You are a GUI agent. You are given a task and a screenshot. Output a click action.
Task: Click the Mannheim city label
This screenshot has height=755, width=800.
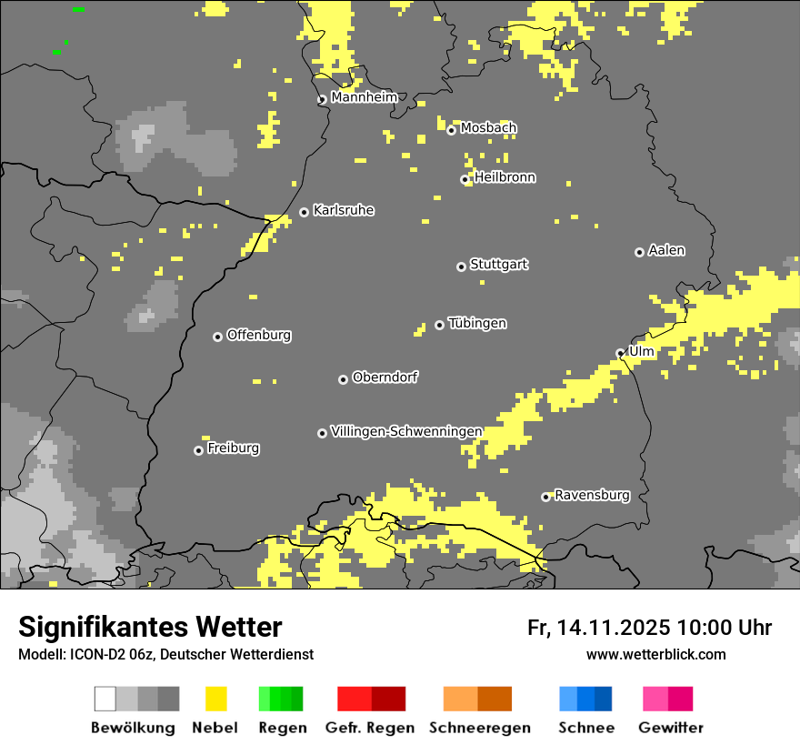pyautogui.click(x=364, y=97)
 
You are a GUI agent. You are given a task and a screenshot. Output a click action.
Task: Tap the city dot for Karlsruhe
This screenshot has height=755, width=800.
pyautogui.click(x=305, y=213)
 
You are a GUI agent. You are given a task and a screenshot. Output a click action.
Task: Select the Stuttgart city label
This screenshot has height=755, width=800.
pyautogui.click(x=498, y=265)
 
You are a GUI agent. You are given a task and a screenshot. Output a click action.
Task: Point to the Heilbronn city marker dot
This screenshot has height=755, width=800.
pyautogui.click(x=465, y=180)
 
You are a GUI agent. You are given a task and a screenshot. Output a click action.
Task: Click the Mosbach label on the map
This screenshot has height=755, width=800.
pyautogui.click(x=488, y=128)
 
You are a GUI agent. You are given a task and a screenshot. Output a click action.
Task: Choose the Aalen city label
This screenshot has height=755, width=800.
pyautogui.click(x=666, y=250)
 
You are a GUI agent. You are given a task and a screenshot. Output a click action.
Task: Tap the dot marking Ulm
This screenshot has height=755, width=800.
pyautogui.click(x=621, y=354)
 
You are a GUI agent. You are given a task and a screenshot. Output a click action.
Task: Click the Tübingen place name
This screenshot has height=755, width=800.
pyautogui.click(x=477, y=324)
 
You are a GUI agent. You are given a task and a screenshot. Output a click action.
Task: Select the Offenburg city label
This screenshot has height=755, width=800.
pyautogui.click(x=259, y=335)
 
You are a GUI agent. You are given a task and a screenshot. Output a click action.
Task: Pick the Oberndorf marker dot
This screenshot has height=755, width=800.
pyautogui.click(x=343, y=379)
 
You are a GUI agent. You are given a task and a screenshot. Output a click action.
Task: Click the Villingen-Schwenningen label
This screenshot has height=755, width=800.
pyautogui.click(x=406, y=431)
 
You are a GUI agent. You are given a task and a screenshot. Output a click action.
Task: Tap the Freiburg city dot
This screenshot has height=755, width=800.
pyautogui.click(x=198, y=450)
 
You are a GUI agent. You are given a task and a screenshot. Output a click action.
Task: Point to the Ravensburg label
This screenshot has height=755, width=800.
pyautogui.click(x=592, y=496)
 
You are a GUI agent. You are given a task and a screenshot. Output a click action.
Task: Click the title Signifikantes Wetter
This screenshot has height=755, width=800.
pyautogui.click(x=150, y=628)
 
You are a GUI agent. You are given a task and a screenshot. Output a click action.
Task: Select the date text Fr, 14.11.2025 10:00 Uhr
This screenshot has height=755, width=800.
pyautogui.click(x=649, y=628)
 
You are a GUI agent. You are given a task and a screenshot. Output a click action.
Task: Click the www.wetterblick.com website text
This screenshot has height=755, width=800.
pyautogui.click(x=655, y=655)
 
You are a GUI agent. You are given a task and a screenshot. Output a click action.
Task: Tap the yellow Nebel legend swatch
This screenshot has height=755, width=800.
pyautogui.click(x=215, y=699)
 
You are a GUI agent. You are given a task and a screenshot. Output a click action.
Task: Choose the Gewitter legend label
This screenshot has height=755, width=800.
pyautogui.click(x=670, y=728)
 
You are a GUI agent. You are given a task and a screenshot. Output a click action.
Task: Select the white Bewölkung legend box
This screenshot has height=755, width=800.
pyautogui.click(x=105, y=699)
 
